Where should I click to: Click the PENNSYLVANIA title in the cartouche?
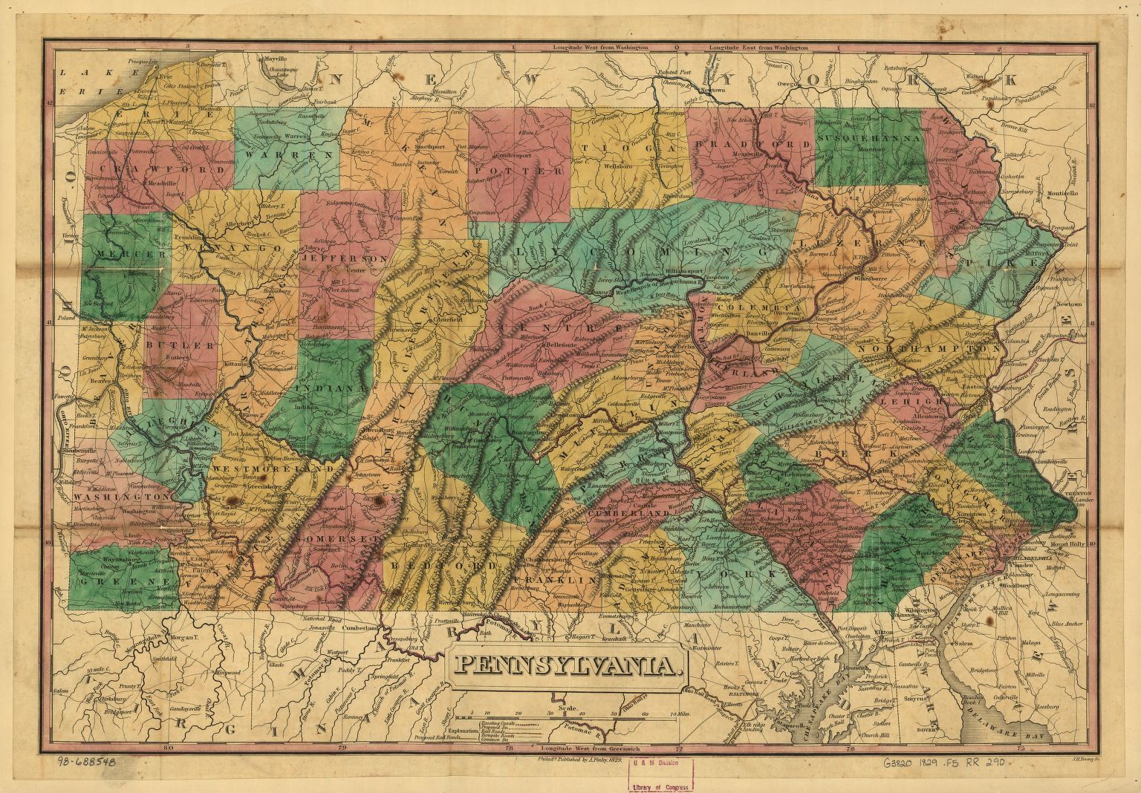coord(566,665)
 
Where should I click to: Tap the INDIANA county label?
coord(330,388)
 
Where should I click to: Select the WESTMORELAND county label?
coord(272,469)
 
